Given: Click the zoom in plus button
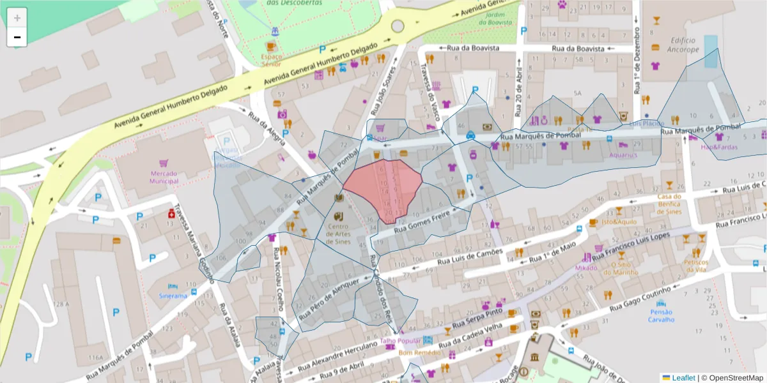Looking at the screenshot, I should pos(17,18).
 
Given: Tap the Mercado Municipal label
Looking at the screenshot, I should pos(164,177).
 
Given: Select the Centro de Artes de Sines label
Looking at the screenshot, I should pos(339,234).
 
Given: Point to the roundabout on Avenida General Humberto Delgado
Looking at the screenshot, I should pos(398,26).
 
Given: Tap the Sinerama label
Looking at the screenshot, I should pos(173,296).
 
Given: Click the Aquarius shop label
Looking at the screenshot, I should pos(623,155).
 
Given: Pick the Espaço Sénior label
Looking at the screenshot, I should pos(272,60).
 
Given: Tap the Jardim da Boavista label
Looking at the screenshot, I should pos(495,18).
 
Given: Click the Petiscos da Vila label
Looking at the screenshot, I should pos(696,266).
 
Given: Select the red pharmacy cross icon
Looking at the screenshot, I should pos(171,214).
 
